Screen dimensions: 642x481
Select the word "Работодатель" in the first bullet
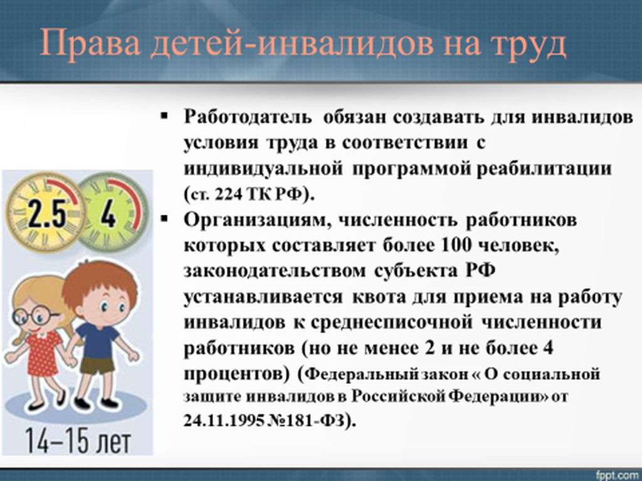tap(247, 117)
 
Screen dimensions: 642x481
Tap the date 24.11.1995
tap(224, 421)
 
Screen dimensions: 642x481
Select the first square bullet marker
tap(164, 116)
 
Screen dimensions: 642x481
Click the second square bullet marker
tap(164, 219)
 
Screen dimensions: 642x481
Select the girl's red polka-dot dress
tap(43, 353)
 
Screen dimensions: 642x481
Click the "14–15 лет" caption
tap(78, 442)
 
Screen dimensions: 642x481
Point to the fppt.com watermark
tap(618, 475)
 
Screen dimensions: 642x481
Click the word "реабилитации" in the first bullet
tap(544, 169)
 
